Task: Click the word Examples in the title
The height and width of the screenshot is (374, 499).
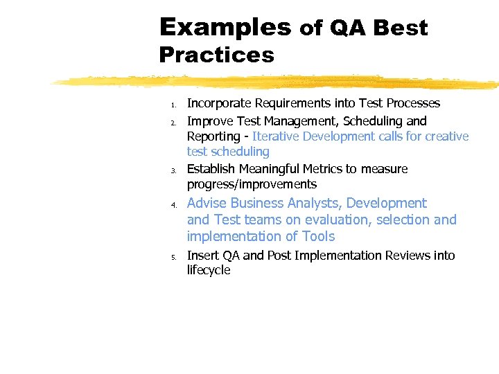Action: pos(225,27)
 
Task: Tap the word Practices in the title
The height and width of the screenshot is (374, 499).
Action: pos(216,55)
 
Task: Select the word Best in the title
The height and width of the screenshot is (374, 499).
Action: pos(400,28)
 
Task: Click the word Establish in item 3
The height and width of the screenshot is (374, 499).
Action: pos(211,169)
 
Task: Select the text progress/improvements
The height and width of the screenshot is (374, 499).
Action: pos(252,184)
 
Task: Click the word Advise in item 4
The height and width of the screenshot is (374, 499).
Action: pos(207,203)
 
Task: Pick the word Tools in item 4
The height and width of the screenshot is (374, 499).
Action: pos(318,236)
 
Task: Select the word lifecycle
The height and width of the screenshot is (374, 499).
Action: pos(208,270)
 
